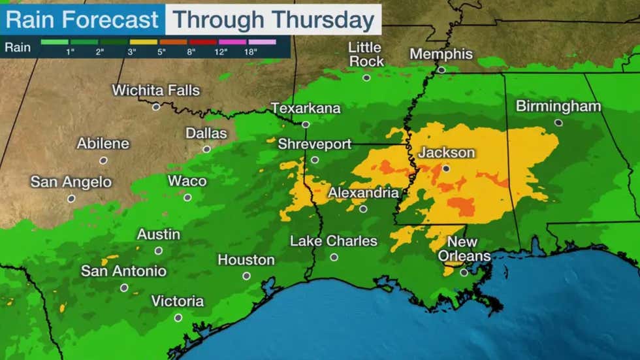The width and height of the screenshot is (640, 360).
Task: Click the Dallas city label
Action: (206, 133)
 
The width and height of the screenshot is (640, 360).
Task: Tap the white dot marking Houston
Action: (246, 276)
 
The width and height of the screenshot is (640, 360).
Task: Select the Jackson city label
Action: (447, 153)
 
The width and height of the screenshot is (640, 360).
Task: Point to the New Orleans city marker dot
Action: (464, 272)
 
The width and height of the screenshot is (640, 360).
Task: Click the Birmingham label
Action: (558, 106)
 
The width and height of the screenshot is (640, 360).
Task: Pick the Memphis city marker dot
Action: (441, 70)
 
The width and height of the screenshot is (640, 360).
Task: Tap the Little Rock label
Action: (366, 54)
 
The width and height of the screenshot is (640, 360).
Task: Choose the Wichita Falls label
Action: (156, 91)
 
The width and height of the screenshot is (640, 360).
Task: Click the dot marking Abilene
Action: (103, 160)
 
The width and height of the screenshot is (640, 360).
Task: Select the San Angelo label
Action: (71, 182)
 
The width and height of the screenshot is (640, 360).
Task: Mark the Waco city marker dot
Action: (187, 197)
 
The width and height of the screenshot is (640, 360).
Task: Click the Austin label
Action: (159, 235)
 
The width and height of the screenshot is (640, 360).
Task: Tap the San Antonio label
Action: (123, 270)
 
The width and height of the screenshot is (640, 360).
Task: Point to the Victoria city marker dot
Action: (178, 318)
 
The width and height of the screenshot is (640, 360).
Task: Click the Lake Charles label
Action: (334, 241)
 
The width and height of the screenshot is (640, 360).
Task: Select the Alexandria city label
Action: (363, 193)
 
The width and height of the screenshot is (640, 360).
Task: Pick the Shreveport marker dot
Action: (315, 159)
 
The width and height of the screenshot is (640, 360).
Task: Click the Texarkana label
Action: (306, 108)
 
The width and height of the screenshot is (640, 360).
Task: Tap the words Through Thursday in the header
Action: (274, 20)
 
